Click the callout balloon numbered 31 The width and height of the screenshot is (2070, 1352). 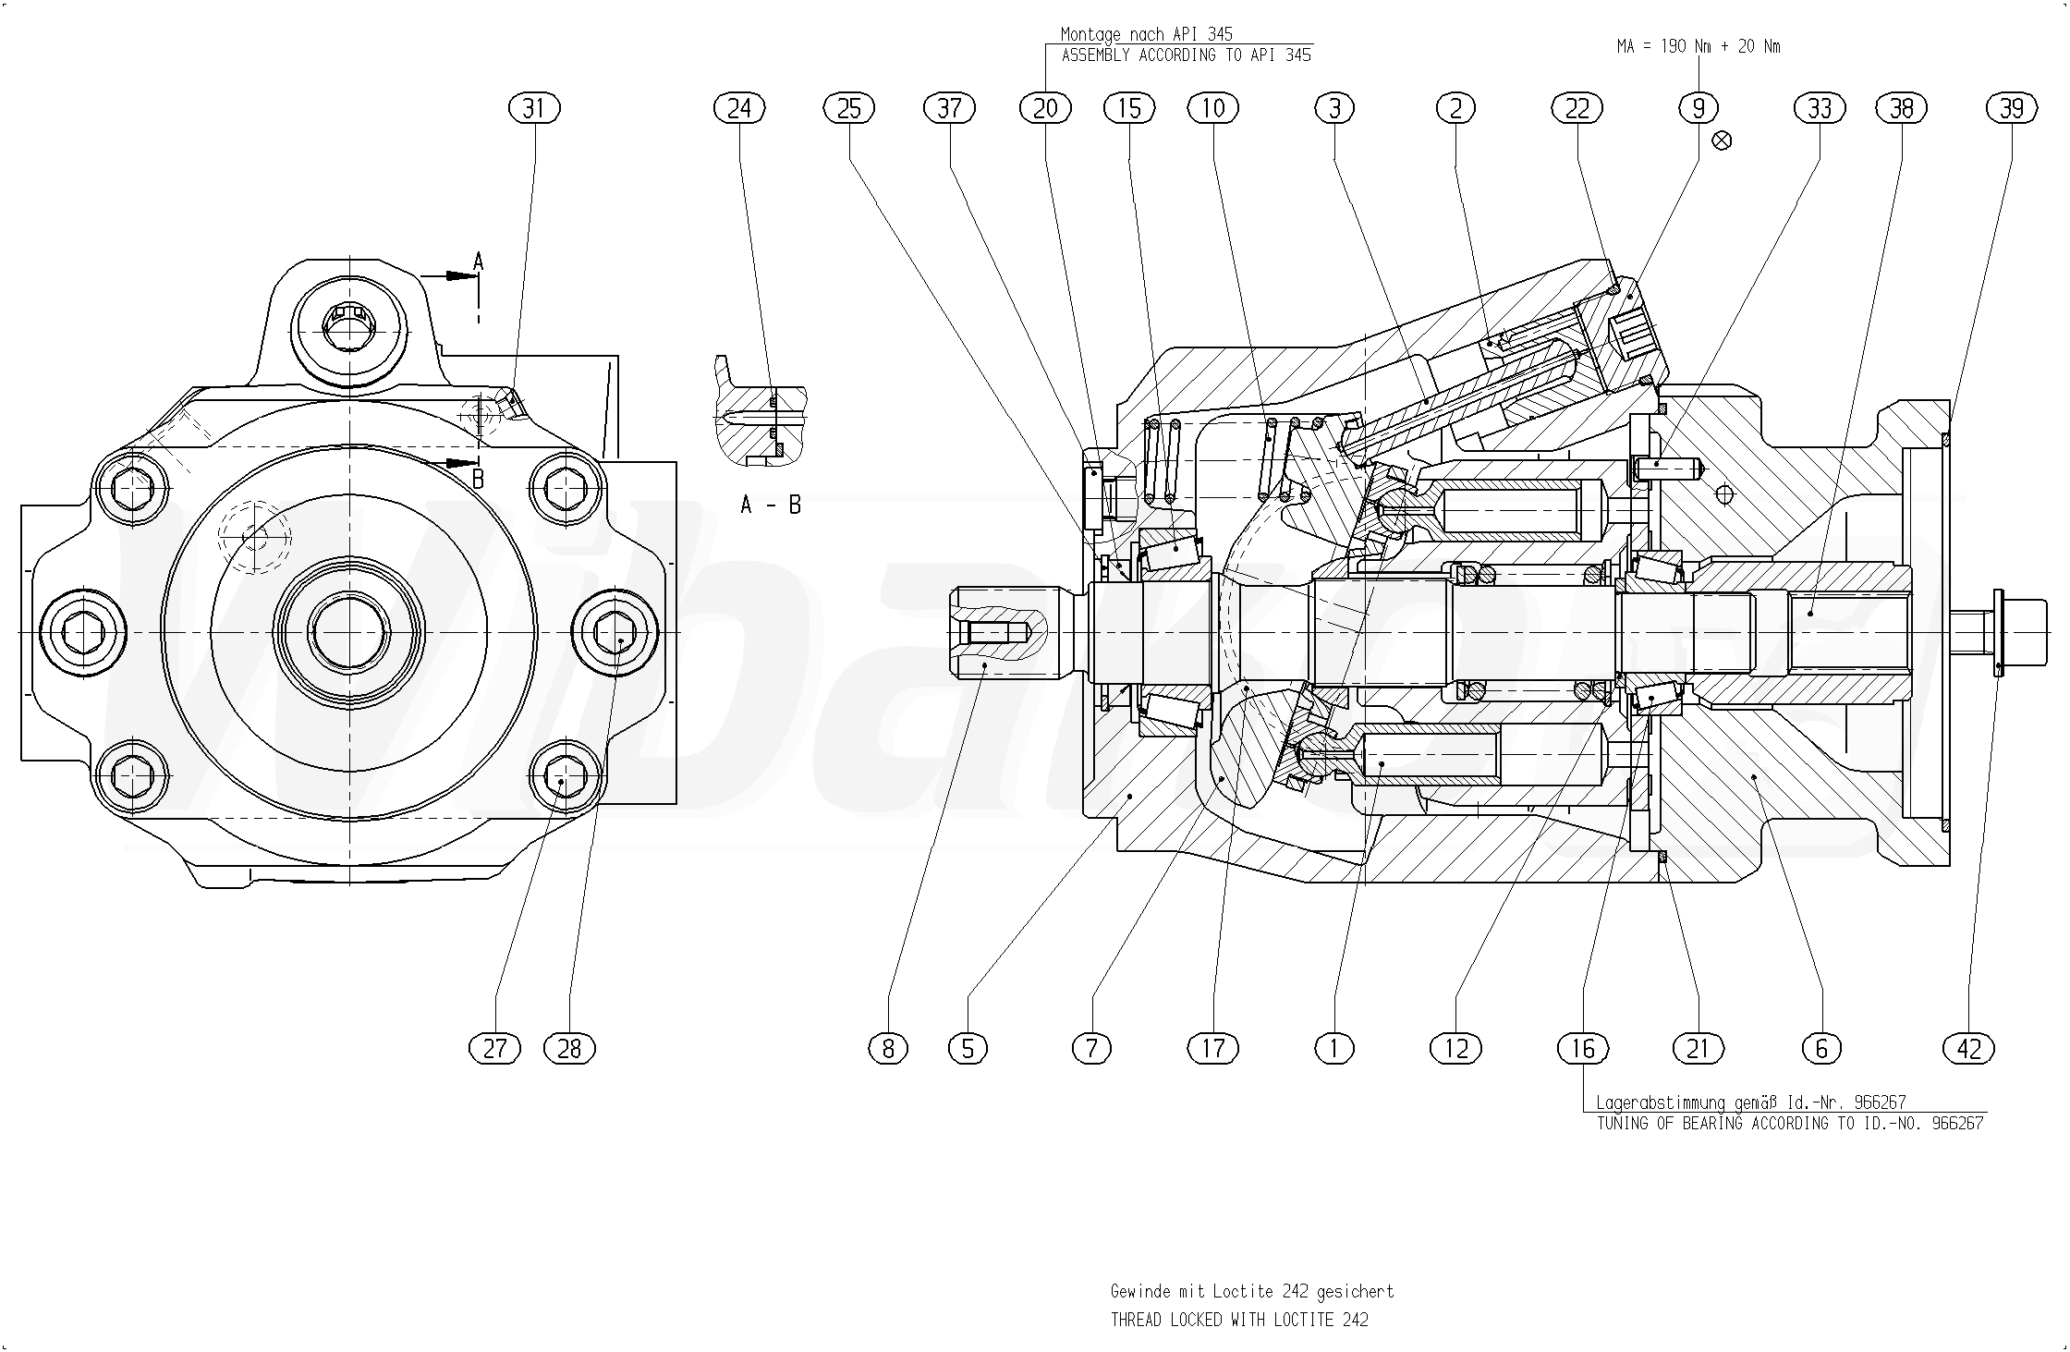pyautogui.click(x=534, y=109)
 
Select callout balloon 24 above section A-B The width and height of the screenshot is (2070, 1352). pyautogui.click(x=739, y=109)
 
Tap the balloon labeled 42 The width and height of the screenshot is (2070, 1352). pyautogui.click(x=1969, y=1048)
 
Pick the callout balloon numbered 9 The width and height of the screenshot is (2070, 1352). pyautogui.click(x=1699, y=109)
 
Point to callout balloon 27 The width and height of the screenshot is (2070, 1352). pyautogui.click(x=495, y=1048)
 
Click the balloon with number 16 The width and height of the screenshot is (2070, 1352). pyautogui.click(x=1583, y=1048)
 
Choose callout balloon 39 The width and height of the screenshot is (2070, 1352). pyautogui.click(x=2011, y=109)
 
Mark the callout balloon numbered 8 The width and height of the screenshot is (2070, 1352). pyautogui.click(x=888, y=1048)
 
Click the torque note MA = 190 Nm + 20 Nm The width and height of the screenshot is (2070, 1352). pyautogui.click(x=1698, y=46)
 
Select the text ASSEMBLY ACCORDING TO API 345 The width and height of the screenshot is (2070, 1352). pyautogui.click(x=1186, y=55)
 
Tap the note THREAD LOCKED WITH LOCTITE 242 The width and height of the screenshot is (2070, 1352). pyautogui.click(x=1238, y=1320)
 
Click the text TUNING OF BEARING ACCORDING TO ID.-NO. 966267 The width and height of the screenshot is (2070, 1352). pyautogui.click(x=1790, y=1124)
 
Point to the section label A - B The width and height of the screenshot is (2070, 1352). pyautogui.click(x=771, y=505)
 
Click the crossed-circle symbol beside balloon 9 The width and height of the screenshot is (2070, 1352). pyautogui.click(x=1722, y=140)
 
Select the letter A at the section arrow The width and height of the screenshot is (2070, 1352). pyautogui.click(x=478, y=262)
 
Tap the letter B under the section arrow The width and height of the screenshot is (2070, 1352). pyautogui.click(x=478, y=480)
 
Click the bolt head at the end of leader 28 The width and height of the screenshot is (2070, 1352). pyautogui.click(x=615, y=632)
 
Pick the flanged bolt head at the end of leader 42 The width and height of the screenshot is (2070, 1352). pyautogui.click(x=1999, y=632)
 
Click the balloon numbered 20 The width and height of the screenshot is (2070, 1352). pyautogui.click(x=1045, y=109)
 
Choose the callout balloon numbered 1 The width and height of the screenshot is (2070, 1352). pyautogui.click(x=1333, y=1048)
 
